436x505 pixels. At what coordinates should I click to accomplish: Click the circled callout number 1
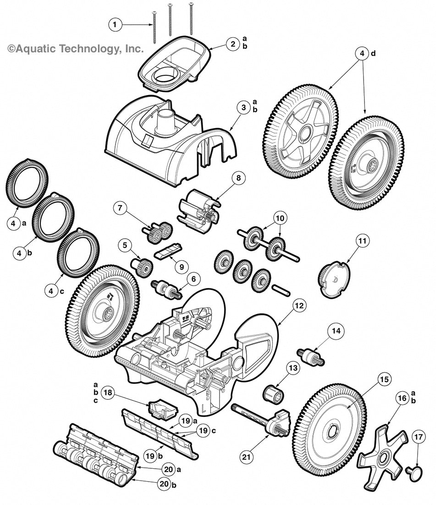116,24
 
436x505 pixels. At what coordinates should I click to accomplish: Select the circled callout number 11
363,240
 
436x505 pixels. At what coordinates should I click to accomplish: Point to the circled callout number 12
299,305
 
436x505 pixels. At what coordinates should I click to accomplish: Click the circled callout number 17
418,437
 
